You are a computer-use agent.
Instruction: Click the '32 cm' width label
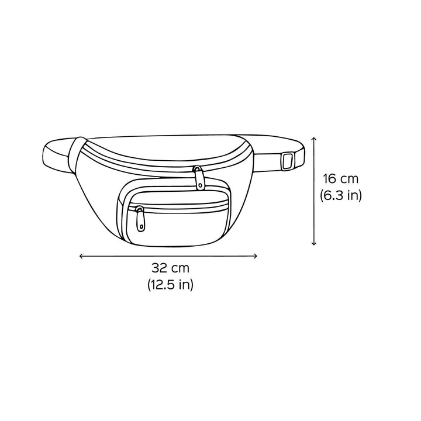(x=170, y=268)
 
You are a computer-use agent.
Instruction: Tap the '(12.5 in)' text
(x=170, y=284)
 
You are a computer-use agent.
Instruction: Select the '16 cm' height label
(x=340, y=179)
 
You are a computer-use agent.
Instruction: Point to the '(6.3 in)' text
(x=340, y=195)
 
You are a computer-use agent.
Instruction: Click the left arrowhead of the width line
(x=80, y=256)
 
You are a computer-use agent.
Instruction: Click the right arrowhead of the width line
(x=257, y=256)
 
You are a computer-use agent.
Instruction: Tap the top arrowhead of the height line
(x=313, y=138)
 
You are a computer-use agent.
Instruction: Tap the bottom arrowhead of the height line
(x=313, y=244)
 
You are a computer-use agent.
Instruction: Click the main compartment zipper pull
(x=198, y=178)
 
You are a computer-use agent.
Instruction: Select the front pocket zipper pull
(x=140, y=219)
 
